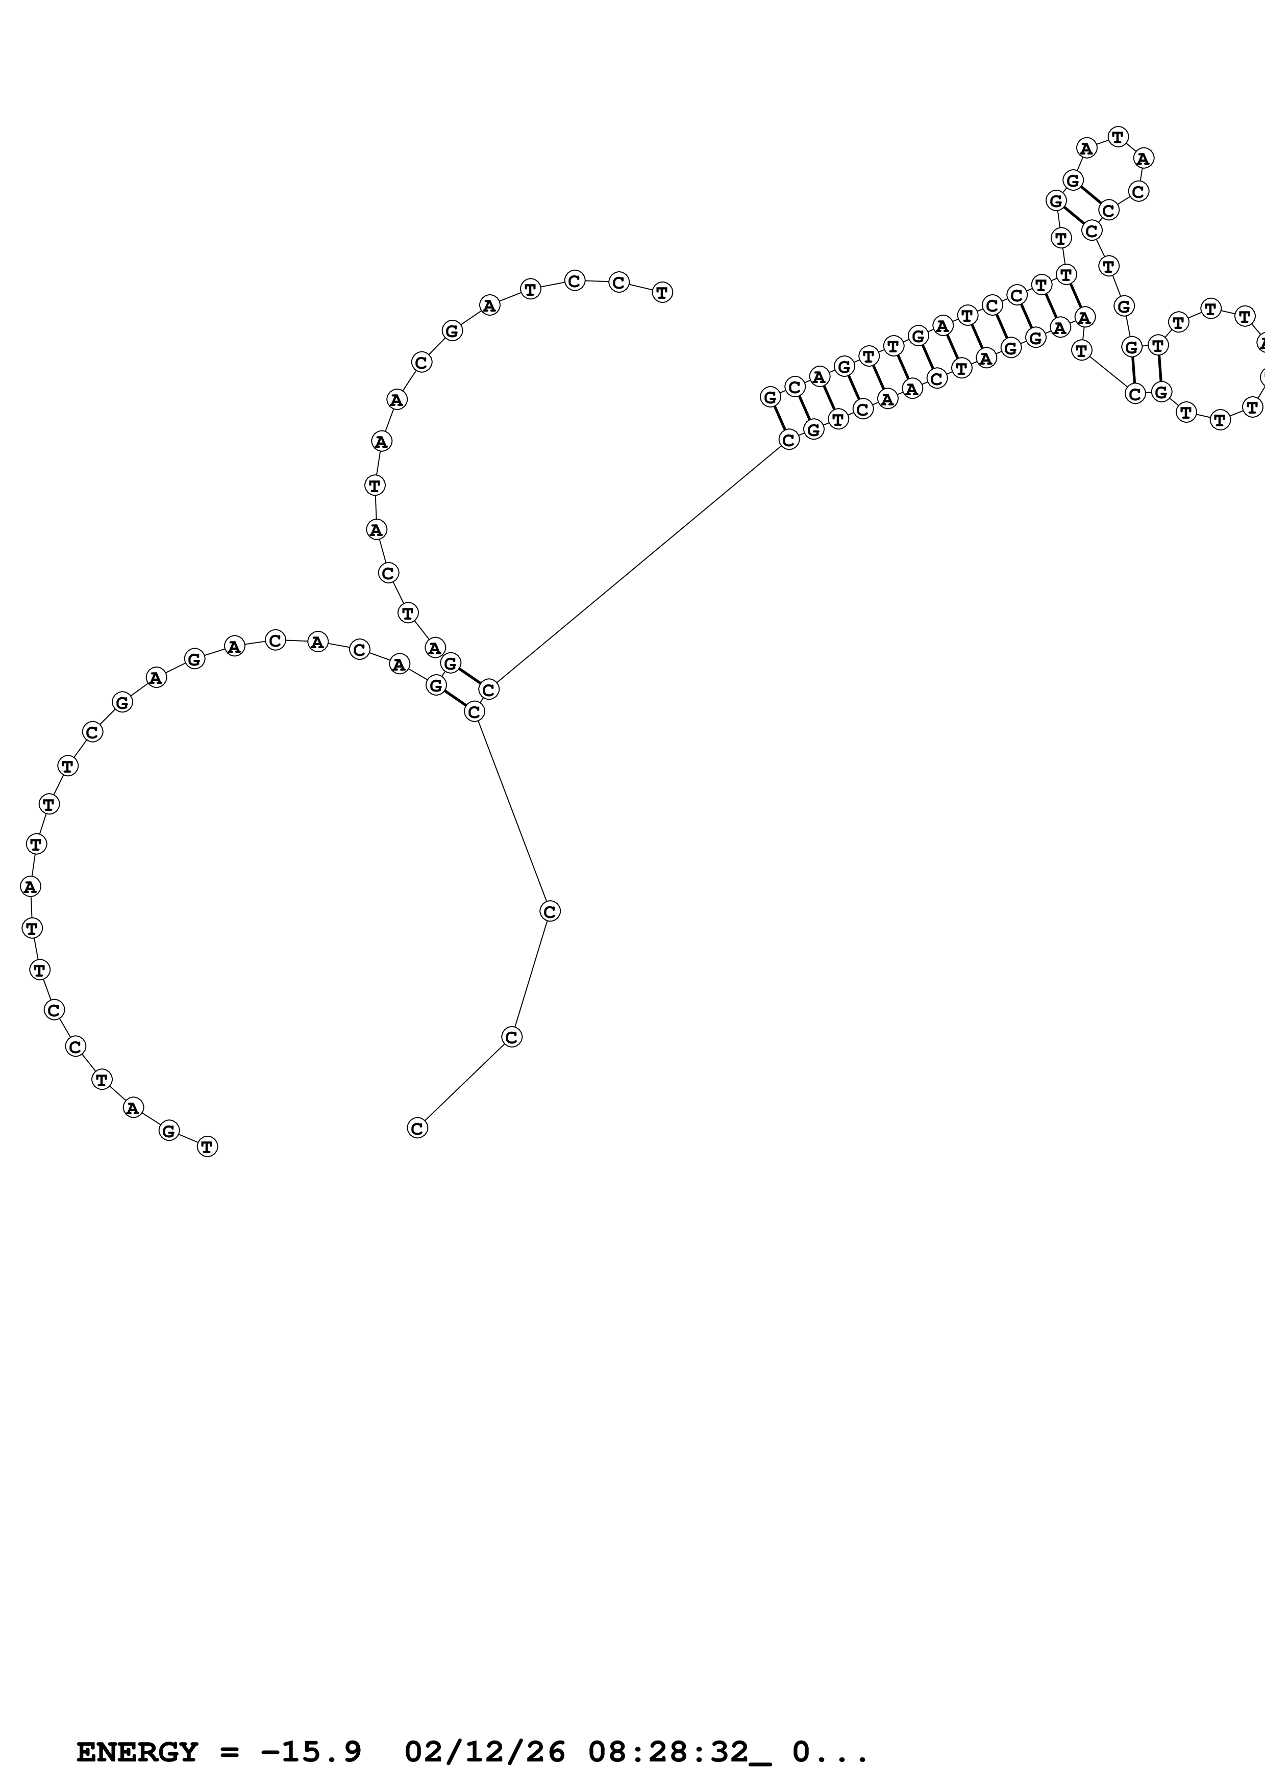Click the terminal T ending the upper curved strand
pos(662,292)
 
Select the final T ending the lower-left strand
pos(207,1146)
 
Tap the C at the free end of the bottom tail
pos(417,1128)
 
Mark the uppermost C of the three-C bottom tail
pos(550,911)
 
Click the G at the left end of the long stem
pos(770,397)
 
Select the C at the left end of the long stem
pos(789,440)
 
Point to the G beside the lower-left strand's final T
pos(168,1131)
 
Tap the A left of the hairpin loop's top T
pos(1086,147)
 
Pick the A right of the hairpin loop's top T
pos(1143,158)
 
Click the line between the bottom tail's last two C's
pos(464,1082)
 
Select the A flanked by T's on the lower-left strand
pos(30,886)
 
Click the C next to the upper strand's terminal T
pos(619,282)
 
